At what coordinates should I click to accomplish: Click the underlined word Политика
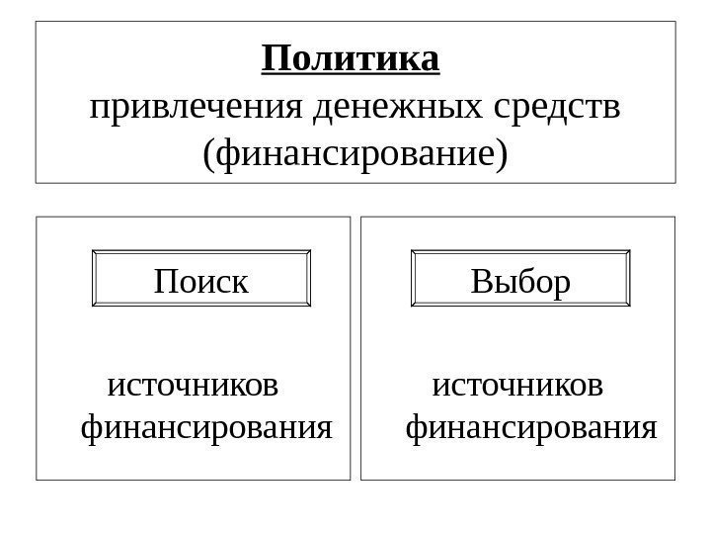tap(351, 59)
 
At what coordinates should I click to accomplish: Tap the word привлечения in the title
tap(197, 106)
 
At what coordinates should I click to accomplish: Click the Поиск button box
tap(201, 282)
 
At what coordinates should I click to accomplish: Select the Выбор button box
tap(520, 282)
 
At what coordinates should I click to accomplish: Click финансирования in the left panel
tap(205, 428)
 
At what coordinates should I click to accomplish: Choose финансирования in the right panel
tap(531, 428)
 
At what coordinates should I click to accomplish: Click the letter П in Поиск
tap(166, 283)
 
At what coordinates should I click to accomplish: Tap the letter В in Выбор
tap(482, 283)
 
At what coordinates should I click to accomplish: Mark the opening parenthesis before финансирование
tap(206, 154)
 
